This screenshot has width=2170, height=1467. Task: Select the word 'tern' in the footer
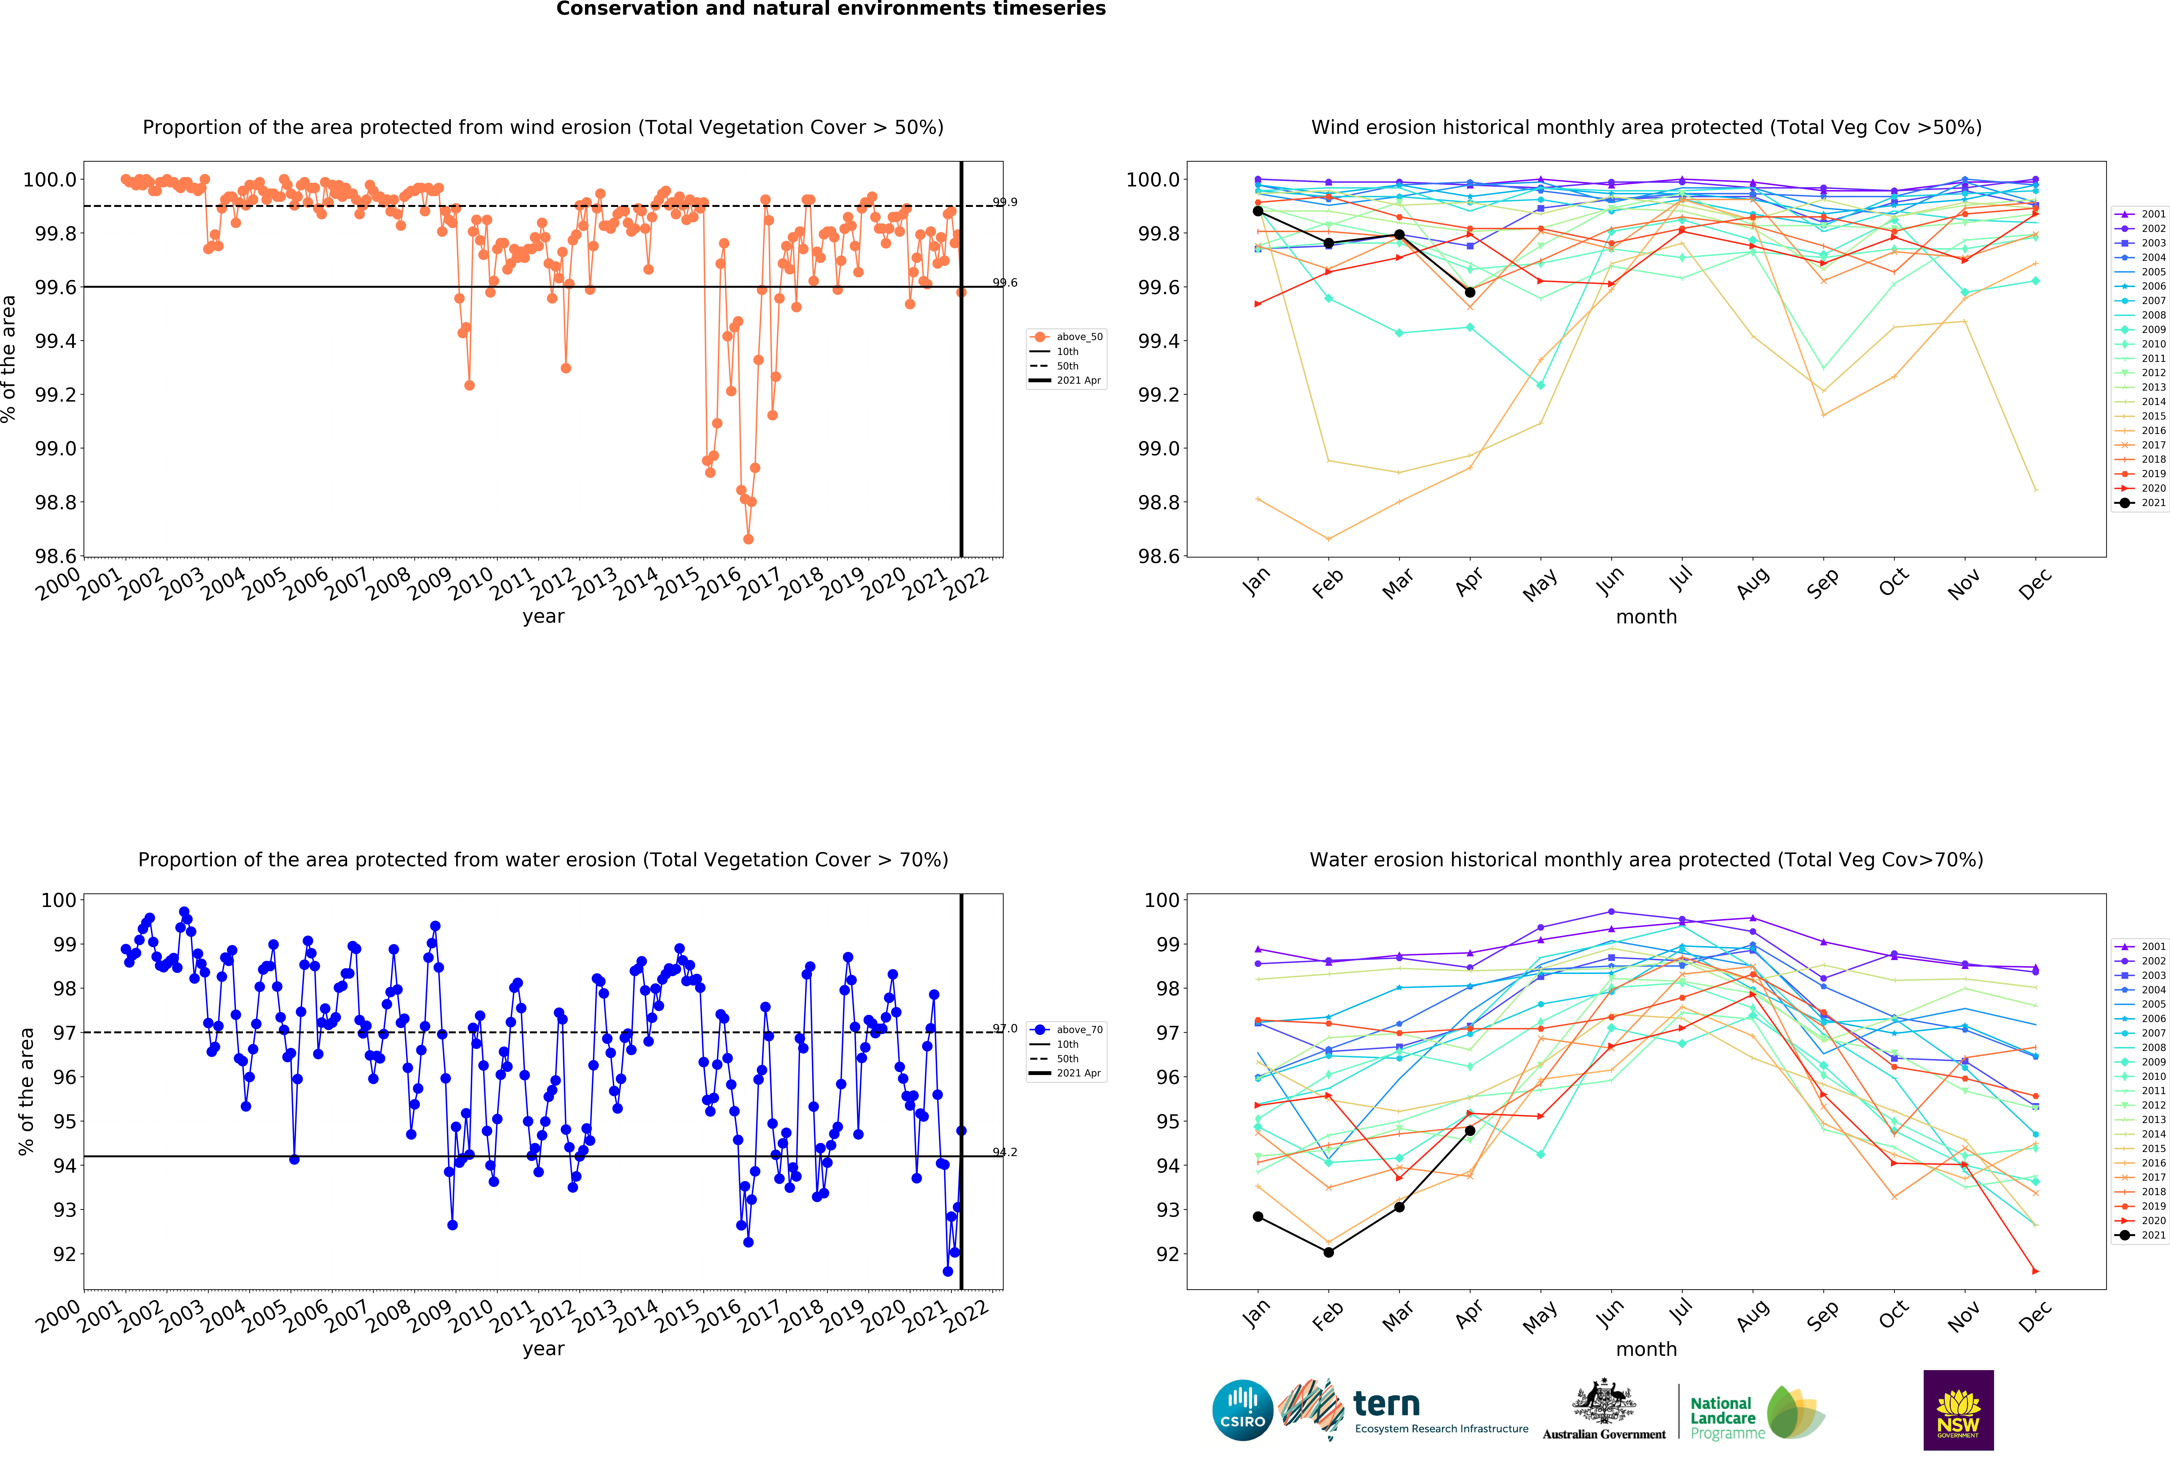[x=1387, y=1403]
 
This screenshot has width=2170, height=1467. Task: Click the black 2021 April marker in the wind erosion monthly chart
[x=1470, y=292]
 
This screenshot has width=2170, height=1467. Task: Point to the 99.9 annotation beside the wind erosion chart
[x=1005, y=202]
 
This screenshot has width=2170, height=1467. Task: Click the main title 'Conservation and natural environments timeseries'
[x=831, y=9]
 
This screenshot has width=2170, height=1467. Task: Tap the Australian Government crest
[x=1603, y=1401]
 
